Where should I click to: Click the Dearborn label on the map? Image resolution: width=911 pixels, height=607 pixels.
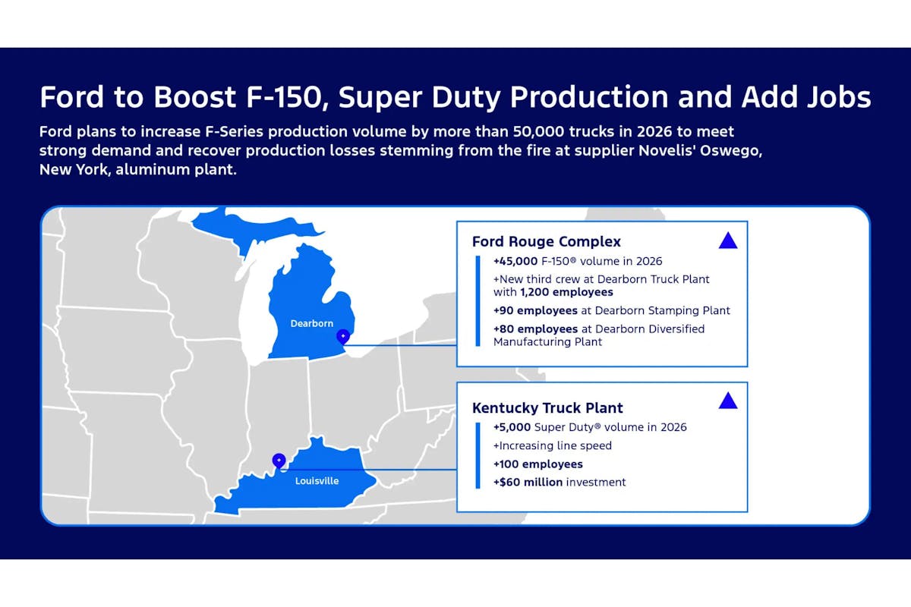click(311, 323)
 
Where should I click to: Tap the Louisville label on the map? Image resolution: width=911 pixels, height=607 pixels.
click(317, 480)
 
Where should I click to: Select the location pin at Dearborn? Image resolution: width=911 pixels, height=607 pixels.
click(343, 337)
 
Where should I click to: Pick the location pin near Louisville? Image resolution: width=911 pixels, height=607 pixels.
click(279, 461)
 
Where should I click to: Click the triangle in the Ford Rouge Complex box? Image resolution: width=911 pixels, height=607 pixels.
click(728, 241)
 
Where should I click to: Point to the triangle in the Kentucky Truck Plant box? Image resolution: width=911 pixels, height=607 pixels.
click(728, 401)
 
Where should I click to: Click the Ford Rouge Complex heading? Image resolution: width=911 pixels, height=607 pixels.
click(546, 241)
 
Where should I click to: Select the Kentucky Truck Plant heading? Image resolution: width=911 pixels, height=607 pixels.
click(547, 407)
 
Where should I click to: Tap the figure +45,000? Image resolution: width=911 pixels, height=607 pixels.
click(515, 261)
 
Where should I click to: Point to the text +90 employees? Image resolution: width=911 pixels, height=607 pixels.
click(535, 310)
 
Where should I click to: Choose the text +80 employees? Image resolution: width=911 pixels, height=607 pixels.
click(536, 329)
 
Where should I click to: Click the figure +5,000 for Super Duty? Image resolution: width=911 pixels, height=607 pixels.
click(512, 427)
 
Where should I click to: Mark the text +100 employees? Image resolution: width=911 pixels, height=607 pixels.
click(538, 464)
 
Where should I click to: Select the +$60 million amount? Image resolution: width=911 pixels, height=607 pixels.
click(528, 482)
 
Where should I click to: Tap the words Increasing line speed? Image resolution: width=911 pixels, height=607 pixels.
click(556, 445)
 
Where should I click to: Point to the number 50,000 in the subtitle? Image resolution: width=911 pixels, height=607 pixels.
click(538, 132)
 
